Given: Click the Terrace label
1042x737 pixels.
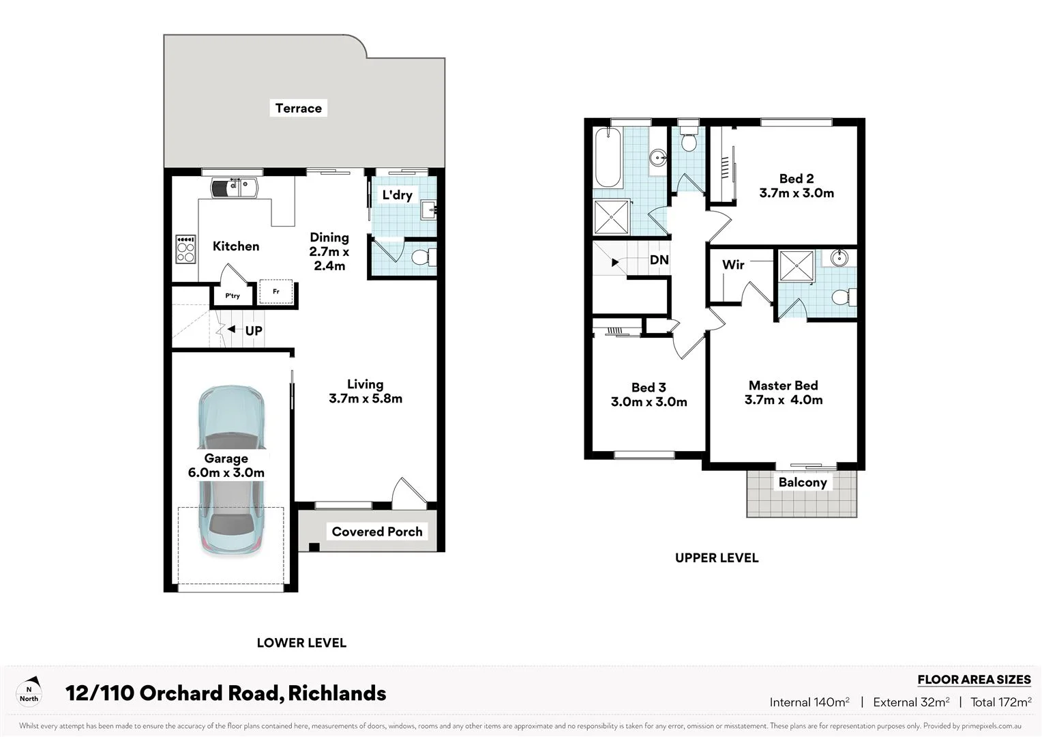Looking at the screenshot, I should coord(298,108).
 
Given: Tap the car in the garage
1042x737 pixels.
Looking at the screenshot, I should coord(230,471).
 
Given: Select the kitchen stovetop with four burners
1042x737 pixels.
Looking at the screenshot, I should coord(185,249).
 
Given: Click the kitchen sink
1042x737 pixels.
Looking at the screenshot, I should coord(234,187).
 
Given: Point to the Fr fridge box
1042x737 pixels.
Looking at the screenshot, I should coord(276,291).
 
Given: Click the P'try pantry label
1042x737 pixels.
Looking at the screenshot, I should coord(233,295).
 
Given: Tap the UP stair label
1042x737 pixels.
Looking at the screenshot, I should coord(253,330).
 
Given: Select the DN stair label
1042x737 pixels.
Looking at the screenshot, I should coord(659,260).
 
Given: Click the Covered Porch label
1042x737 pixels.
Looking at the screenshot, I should coord(376,532).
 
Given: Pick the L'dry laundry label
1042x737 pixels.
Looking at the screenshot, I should coord(397,195).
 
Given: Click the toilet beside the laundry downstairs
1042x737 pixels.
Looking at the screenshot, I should coord(422,258).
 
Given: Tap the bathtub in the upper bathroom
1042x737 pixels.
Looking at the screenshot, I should coord(608,158).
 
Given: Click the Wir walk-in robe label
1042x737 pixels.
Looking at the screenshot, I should coord(733,265).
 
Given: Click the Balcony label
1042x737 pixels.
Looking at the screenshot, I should coord(802,482).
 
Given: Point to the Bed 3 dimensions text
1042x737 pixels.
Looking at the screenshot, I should coord(649,402).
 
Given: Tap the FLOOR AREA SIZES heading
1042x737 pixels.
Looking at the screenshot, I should coord(973,680).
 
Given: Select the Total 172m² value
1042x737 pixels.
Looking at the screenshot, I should coord(1000,702).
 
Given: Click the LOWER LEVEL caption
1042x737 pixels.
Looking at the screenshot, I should coord(301,643).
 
